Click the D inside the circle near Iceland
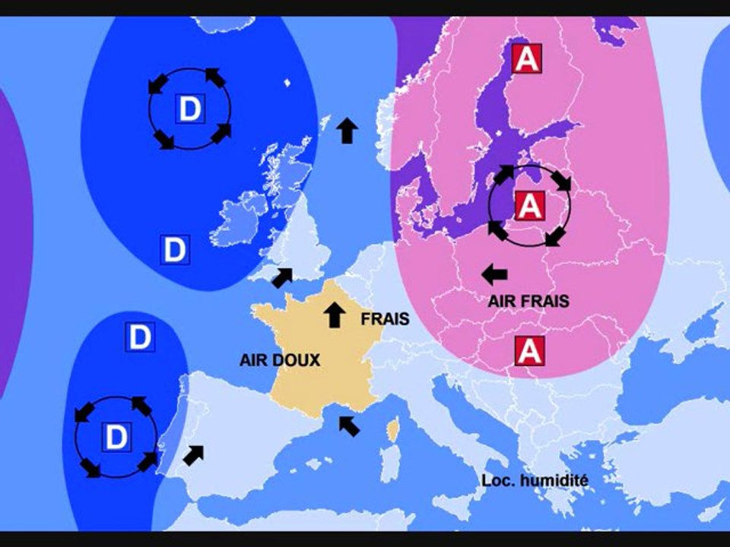189,109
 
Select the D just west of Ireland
174,249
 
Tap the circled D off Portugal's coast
116,437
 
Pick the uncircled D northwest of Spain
139,337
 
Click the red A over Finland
526,58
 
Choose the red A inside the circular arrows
529,204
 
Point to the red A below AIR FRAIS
528,349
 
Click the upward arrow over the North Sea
347,131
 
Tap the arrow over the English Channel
282,277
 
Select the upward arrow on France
333,314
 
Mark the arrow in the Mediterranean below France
349,425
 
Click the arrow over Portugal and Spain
194,454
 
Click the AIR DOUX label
280,361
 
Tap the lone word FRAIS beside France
385,319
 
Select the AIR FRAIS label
528,302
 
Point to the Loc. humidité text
535,480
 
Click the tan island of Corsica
393,432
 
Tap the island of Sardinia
389,465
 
